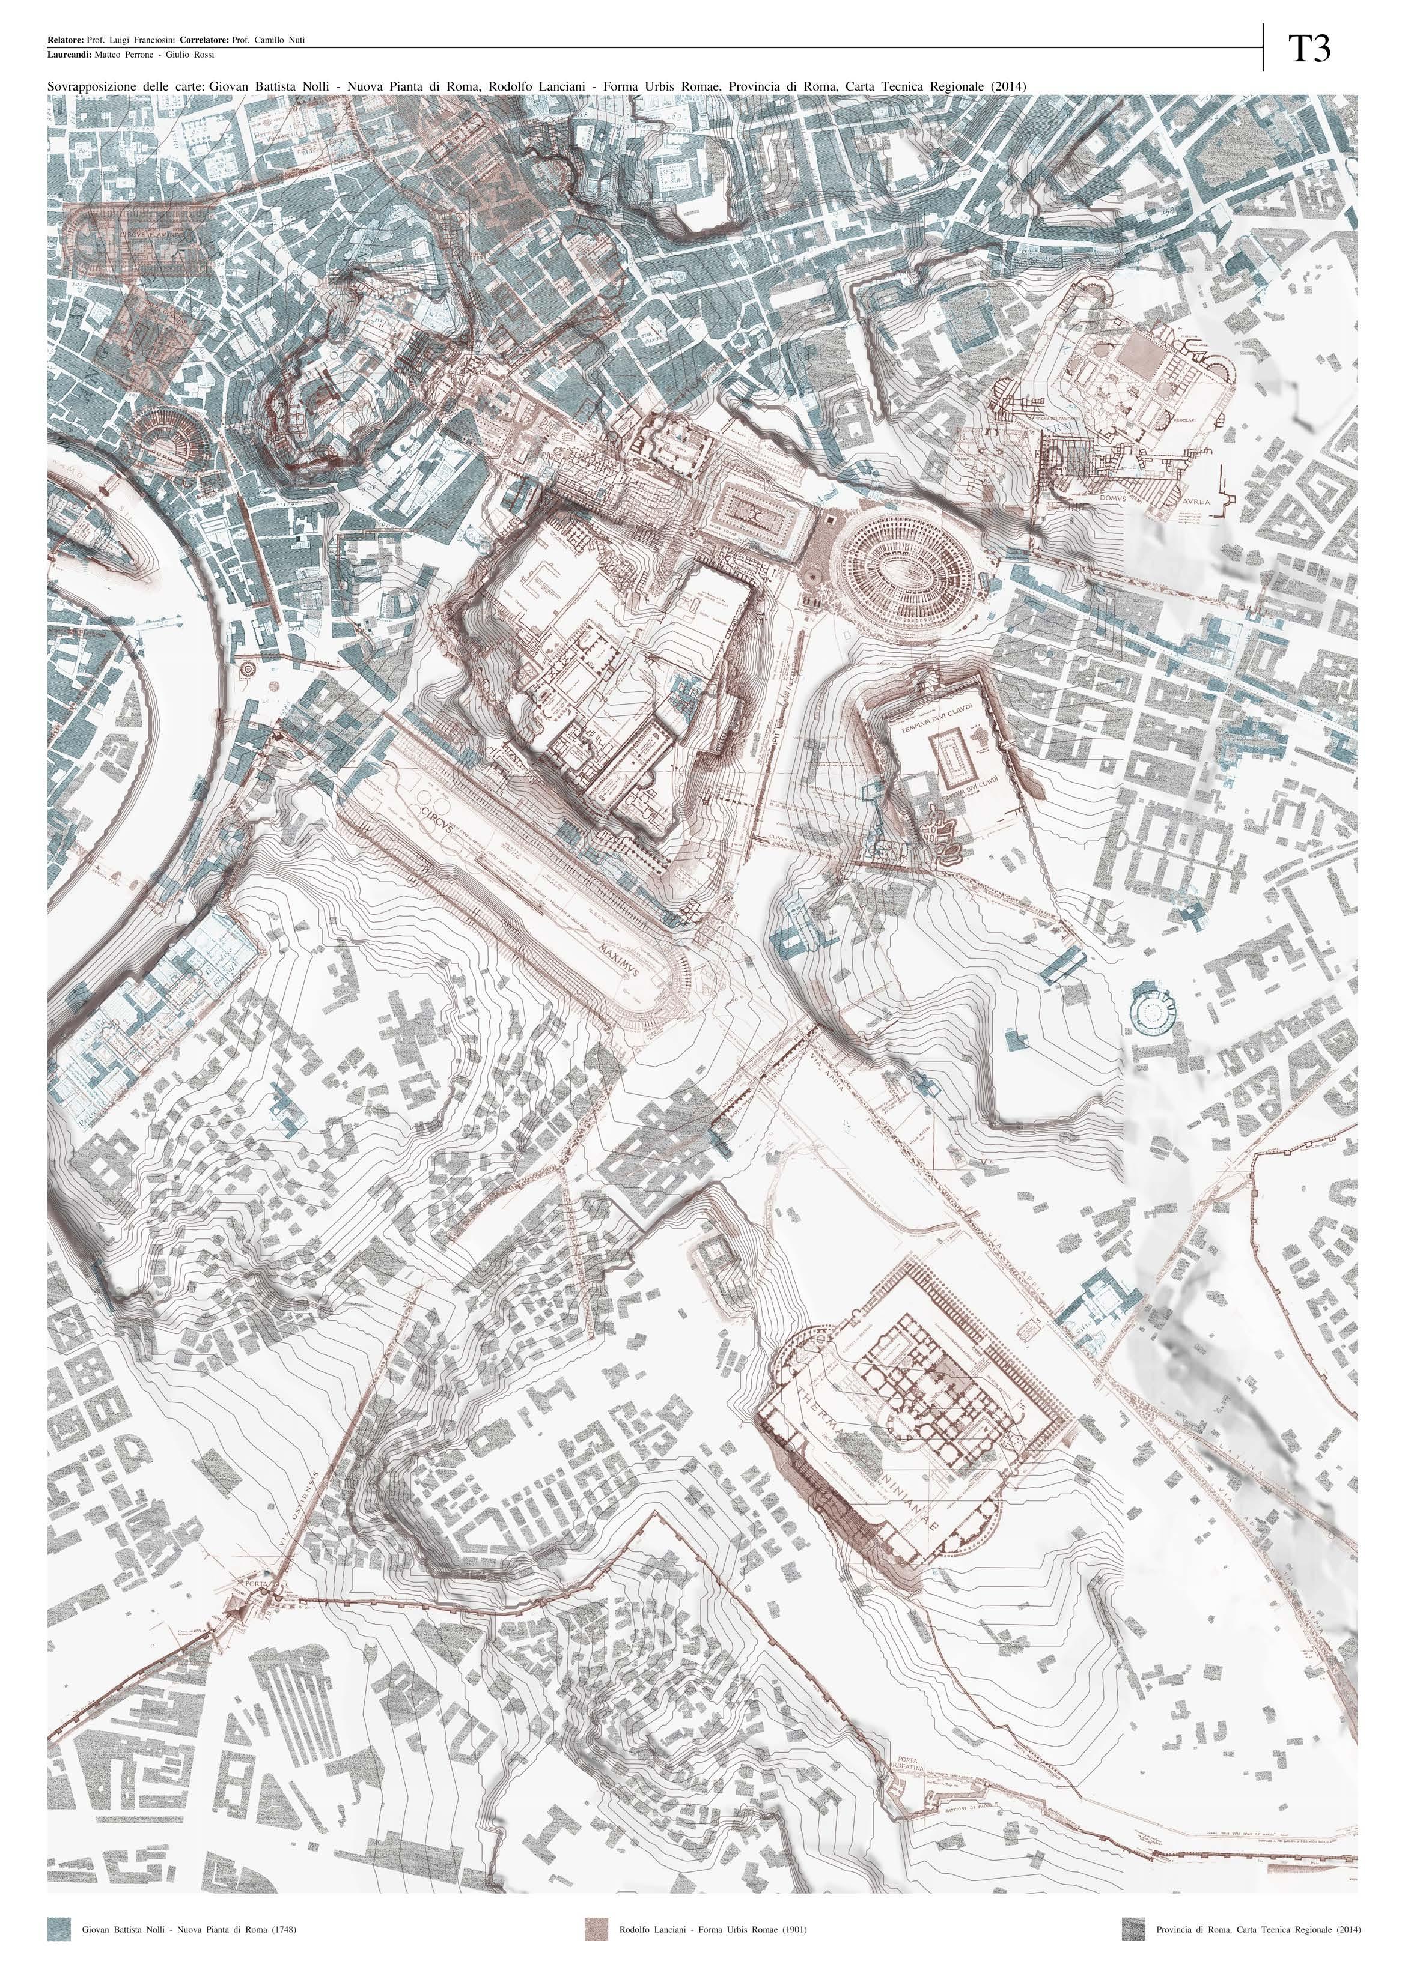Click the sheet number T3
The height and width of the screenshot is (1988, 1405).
tap(1309, 49)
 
